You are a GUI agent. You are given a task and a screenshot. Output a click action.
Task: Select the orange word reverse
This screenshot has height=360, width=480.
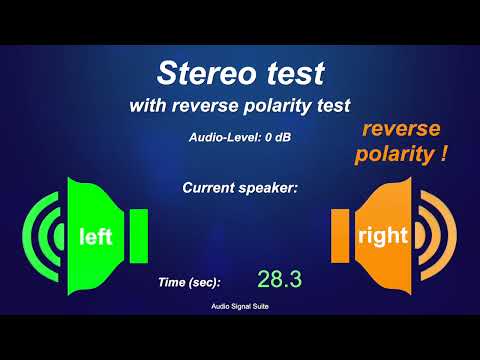pyautogui.click(x=402, y=131)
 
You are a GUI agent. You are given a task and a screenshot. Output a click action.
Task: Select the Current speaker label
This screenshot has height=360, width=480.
pyautogui.click(x=240, y=187)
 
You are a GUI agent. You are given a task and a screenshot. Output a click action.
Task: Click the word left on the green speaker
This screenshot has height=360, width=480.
pyautogui.click(x=95, y=237)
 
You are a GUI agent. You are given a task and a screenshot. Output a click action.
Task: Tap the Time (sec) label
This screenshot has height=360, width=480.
pyautogui.click(x=189, y=283)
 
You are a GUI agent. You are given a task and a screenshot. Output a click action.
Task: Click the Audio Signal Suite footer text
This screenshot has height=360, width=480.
pyautogui.click(x=240, y=308)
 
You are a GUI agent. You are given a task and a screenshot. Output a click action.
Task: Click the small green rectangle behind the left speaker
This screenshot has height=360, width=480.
pyautogui.click(x=138, y=237)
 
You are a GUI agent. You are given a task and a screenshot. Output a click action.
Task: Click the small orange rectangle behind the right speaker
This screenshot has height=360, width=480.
pyautogui.click(x=340, y=237)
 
